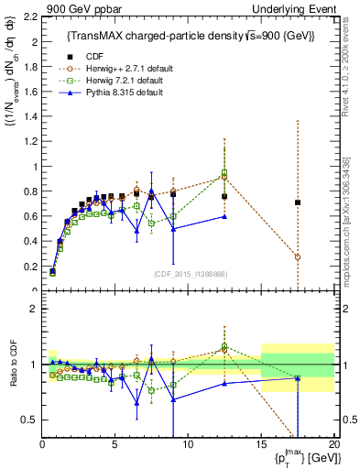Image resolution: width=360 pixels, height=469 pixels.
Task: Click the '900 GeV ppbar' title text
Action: pos(71,8)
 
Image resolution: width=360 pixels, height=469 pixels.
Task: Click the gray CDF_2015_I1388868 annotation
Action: pos(189,274)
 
